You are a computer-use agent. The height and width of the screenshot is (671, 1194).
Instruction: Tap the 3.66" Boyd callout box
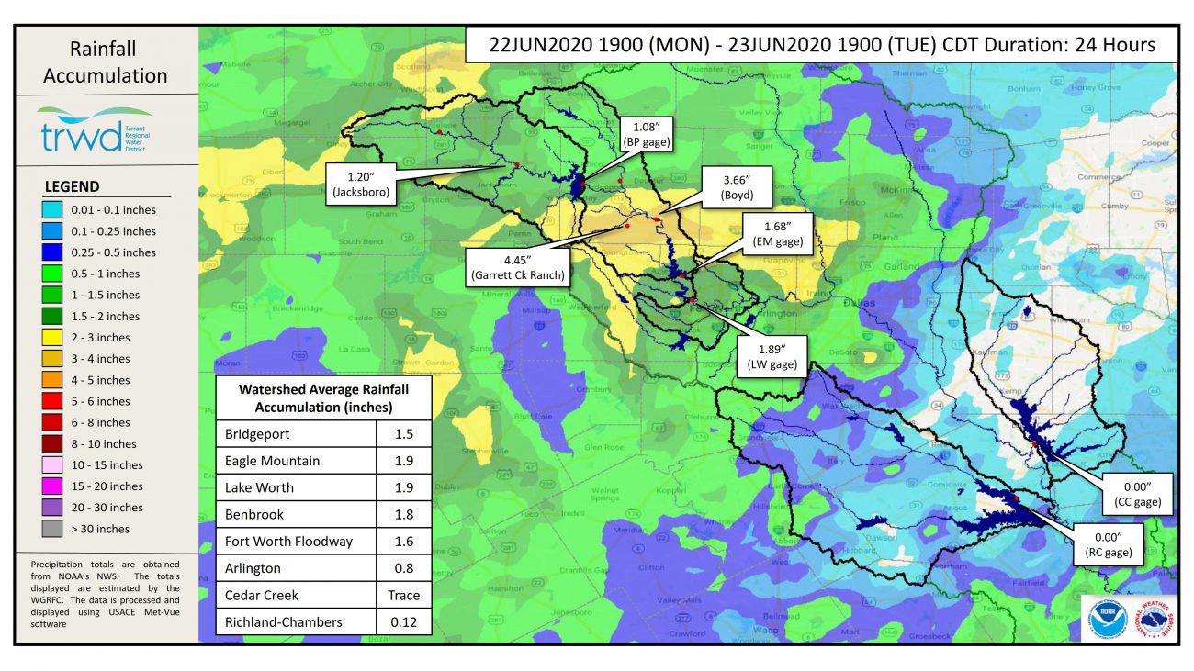(x=738, y=187)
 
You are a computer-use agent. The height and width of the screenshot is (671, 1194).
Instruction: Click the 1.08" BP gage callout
(x=648, y=134)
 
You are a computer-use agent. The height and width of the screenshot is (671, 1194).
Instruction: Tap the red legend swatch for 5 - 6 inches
(x=57, y=401)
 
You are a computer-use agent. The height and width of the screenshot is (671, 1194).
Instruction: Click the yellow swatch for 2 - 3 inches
(x=57, y=338)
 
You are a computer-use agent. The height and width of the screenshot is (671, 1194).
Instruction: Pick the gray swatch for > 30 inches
(x=57, y=529)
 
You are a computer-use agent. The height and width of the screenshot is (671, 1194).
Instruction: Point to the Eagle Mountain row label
(x=274, y=461)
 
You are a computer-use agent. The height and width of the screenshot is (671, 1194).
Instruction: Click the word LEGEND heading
(x=73, y=186)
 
